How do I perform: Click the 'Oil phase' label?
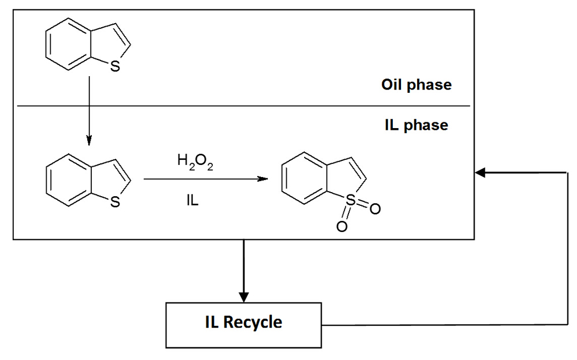pyautogui.click(x=416, y=85)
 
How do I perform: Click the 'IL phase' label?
pyautogui.click(x=416, y=125)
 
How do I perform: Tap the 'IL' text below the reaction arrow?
pyautogui.click(x=192, y=202)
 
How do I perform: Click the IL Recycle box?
pyautogui.click(x=243, y=325)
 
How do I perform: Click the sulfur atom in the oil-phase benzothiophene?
pyautogui.click(x=115, y=67)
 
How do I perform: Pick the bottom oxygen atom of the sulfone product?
pyautogui.click(x=342, y=227)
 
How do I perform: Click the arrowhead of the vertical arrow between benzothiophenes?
pyautogui.click(x=89, y=140)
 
